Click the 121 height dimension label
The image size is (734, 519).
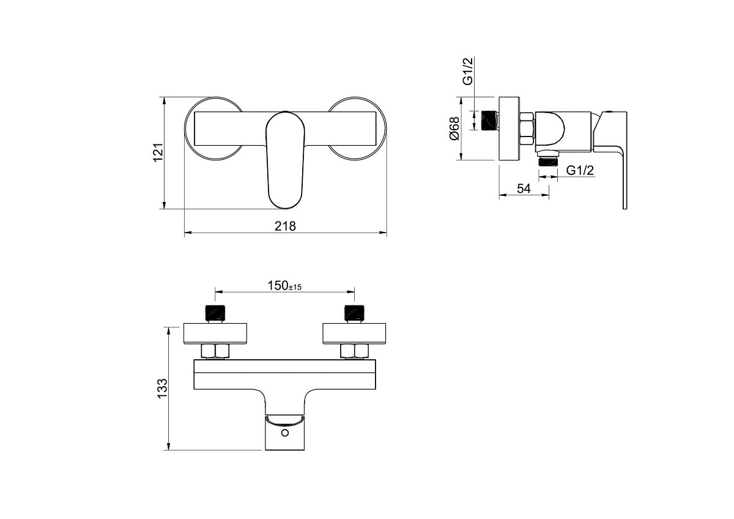(158, 152)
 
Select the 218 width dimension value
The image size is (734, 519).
(285, 226)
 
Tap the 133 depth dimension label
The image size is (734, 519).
(163, 389)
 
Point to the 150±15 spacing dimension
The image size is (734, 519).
(284, 286)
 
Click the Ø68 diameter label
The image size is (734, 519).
(455, 129)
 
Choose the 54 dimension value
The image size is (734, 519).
(524, 189)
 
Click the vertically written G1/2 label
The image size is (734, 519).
(468, 71)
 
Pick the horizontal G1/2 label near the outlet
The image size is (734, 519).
(580, 170)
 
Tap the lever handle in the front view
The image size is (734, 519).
(285, 160)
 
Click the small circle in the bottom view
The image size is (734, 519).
(285, 433)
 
